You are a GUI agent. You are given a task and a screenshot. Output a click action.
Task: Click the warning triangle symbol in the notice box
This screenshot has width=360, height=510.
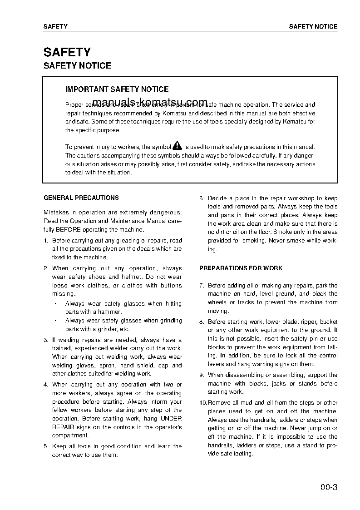point(177,146)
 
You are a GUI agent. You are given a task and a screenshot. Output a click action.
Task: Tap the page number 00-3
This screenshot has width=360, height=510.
point(328,488)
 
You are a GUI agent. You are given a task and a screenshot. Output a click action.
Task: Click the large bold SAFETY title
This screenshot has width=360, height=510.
point(67,52)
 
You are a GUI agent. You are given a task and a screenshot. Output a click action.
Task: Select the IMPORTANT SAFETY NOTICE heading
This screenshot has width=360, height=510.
point(117,89)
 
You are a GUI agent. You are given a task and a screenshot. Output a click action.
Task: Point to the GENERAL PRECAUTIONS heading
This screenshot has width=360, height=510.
point(81,198)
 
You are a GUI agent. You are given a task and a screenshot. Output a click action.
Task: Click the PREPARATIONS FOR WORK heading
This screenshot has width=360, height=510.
point(241,268)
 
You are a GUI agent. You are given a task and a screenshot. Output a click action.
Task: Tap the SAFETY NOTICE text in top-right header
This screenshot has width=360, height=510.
point(313,27)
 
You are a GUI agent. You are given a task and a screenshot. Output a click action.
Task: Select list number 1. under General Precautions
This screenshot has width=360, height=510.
point(46,241)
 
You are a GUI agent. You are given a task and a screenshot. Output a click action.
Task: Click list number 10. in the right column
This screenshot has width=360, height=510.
point(203,403)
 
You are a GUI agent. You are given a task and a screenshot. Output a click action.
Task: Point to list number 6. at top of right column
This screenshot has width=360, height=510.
point(202,198)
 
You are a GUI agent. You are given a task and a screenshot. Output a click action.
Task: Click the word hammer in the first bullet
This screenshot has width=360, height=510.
point(111,312)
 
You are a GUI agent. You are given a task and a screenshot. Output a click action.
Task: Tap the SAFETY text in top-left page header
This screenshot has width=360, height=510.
point(55,27)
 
